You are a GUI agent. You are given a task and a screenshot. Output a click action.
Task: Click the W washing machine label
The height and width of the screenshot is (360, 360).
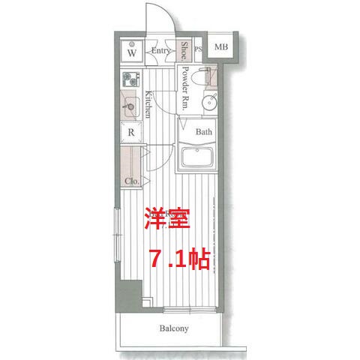(x=132, y=53)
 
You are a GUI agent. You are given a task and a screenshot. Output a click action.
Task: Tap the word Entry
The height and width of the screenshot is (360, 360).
(x=160, y=51)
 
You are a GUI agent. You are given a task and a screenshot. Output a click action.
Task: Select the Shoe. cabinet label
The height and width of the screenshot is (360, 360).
(x=184, y=50)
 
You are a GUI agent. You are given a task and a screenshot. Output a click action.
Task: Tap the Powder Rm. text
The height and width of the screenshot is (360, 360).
(x=184, y=88)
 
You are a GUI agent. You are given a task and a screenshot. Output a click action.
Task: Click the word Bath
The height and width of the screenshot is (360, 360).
(x=204, y=132)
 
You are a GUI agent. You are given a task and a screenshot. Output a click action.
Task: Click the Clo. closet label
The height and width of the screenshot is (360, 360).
(x=131, y=181)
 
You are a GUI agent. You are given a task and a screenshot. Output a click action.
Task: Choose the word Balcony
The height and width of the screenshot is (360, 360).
(x=173, y=328)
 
